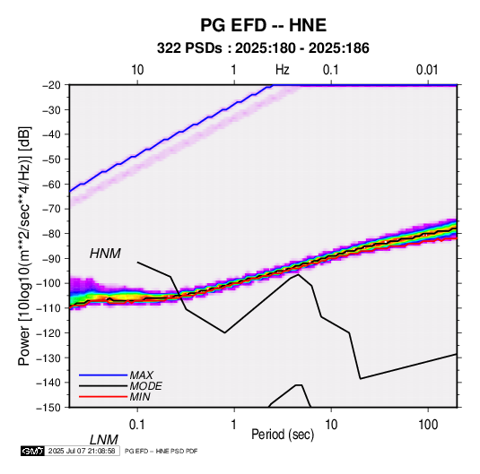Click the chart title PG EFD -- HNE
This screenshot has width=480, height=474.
point(263,25)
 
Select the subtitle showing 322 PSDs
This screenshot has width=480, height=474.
point(263,48)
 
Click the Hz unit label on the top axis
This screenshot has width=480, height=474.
point(283,70)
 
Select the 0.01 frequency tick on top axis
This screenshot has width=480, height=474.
point(427,70)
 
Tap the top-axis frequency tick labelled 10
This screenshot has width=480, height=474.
point(137,70)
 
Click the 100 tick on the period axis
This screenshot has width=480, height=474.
point(428,425)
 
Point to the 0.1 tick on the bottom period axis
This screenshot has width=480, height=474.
point(137,425)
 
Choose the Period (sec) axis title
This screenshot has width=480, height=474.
point(283,435)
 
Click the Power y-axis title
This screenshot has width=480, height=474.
point(24,246)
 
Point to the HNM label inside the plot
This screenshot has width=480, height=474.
point(105,254)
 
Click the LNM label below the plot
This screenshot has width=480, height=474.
point(104,440)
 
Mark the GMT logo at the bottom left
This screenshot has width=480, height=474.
point(32,451)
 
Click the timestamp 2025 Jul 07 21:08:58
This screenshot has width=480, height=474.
point(82,451)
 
